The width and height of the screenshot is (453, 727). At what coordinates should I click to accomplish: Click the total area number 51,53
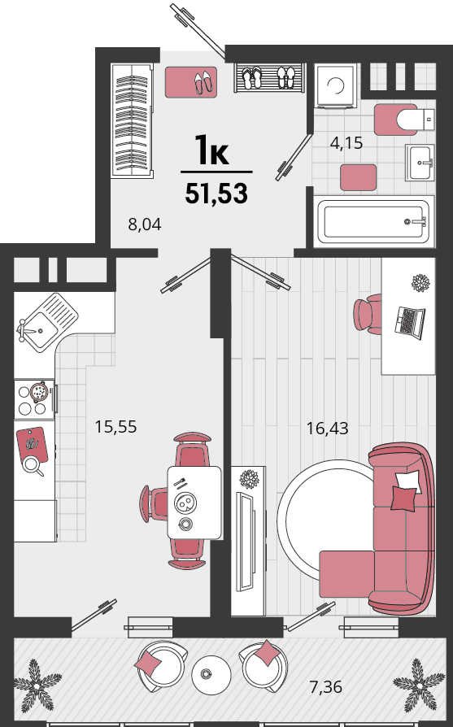[x=216, y=194]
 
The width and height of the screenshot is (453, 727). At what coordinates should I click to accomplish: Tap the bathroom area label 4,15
[x=346, y=143]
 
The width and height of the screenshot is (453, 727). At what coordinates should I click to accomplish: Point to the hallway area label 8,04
[x=145, y=224]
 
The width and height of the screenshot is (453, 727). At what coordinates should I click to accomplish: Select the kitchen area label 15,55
[x=115, y=427]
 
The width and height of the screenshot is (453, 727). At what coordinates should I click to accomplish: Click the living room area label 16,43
[x=327, y=428]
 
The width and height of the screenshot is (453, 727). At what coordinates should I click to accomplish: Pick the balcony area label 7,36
[x=326, y=686]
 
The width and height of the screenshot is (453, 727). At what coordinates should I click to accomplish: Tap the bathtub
[x=374, y=222]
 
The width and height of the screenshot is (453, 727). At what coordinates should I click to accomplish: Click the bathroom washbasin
[x=420, y=162]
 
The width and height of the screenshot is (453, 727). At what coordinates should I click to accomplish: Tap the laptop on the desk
[x=409, y=322]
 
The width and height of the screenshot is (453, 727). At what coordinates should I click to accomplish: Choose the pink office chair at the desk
[x=368, y=314]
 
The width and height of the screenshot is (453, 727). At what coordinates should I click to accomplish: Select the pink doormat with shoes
[x=191, y=82]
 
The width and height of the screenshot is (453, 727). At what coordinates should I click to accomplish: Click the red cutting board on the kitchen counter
[x=32, y=445]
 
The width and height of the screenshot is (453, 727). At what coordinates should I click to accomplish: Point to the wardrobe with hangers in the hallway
[x=132, y=120]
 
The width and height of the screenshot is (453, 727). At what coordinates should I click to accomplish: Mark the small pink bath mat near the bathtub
[x=358, y=177]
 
